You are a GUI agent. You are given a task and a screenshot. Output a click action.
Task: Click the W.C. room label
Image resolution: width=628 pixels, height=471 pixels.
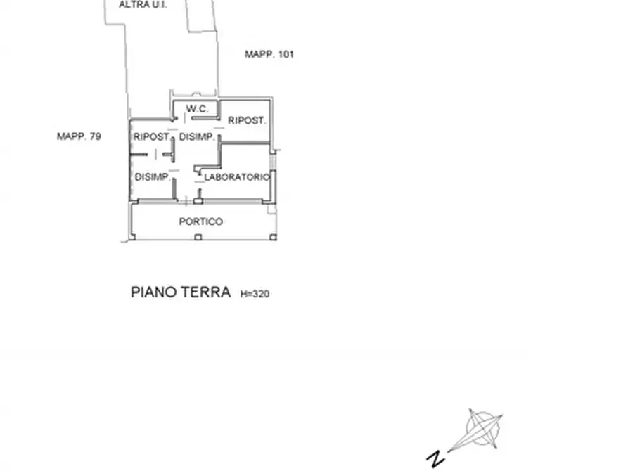(197, 108)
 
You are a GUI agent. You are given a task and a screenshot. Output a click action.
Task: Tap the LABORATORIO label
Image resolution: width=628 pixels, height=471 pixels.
(237, 177)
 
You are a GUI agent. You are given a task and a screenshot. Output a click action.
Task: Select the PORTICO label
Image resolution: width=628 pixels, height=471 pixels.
(200, 221)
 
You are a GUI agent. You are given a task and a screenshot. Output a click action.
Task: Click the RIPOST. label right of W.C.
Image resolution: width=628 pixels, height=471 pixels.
(246, 120)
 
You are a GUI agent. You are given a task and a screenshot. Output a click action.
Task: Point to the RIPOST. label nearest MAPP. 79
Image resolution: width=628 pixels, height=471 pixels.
(151, 136)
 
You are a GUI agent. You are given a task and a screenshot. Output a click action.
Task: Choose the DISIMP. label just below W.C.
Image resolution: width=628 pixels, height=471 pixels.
(196, 137)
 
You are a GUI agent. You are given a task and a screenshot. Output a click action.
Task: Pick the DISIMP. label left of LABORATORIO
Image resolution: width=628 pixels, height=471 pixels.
(151, 176)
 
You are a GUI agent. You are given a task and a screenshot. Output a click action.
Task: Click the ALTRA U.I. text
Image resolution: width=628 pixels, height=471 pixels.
(143, 5)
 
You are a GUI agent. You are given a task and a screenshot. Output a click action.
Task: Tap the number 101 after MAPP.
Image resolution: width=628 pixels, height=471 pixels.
(286, 54)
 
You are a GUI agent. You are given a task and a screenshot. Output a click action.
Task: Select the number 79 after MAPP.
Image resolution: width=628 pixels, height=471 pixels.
(96, 136)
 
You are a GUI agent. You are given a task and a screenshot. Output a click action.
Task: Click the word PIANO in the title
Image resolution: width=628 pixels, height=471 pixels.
(153, 292)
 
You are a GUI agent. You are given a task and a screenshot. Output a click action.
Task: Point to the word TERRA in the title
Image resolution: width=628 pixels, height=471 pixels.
(205, 292)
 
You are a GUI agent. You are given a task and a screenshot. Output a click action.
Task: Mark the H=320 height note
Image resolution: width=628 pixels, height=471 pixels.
(255, 294)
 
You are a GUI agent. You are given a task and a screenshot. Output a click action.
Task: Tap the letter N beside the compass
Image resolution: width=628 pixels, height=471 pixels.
(436, 458)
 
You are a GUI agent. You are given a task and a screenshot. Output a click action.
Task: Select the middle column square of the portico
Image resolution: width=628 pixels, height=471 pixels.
(198, 238)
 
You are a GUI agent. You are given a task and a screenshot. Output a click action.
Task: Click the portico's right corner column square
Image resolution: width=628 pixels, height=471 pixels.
(273, 238)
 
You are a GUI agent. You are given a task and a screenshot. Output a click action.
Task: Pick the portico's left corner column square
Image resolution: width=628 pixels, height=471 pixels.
(132, 238)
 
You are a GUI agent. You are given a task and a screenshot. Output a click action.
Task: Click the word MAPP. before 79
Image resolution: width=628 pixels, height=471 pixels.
(72, 136)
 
